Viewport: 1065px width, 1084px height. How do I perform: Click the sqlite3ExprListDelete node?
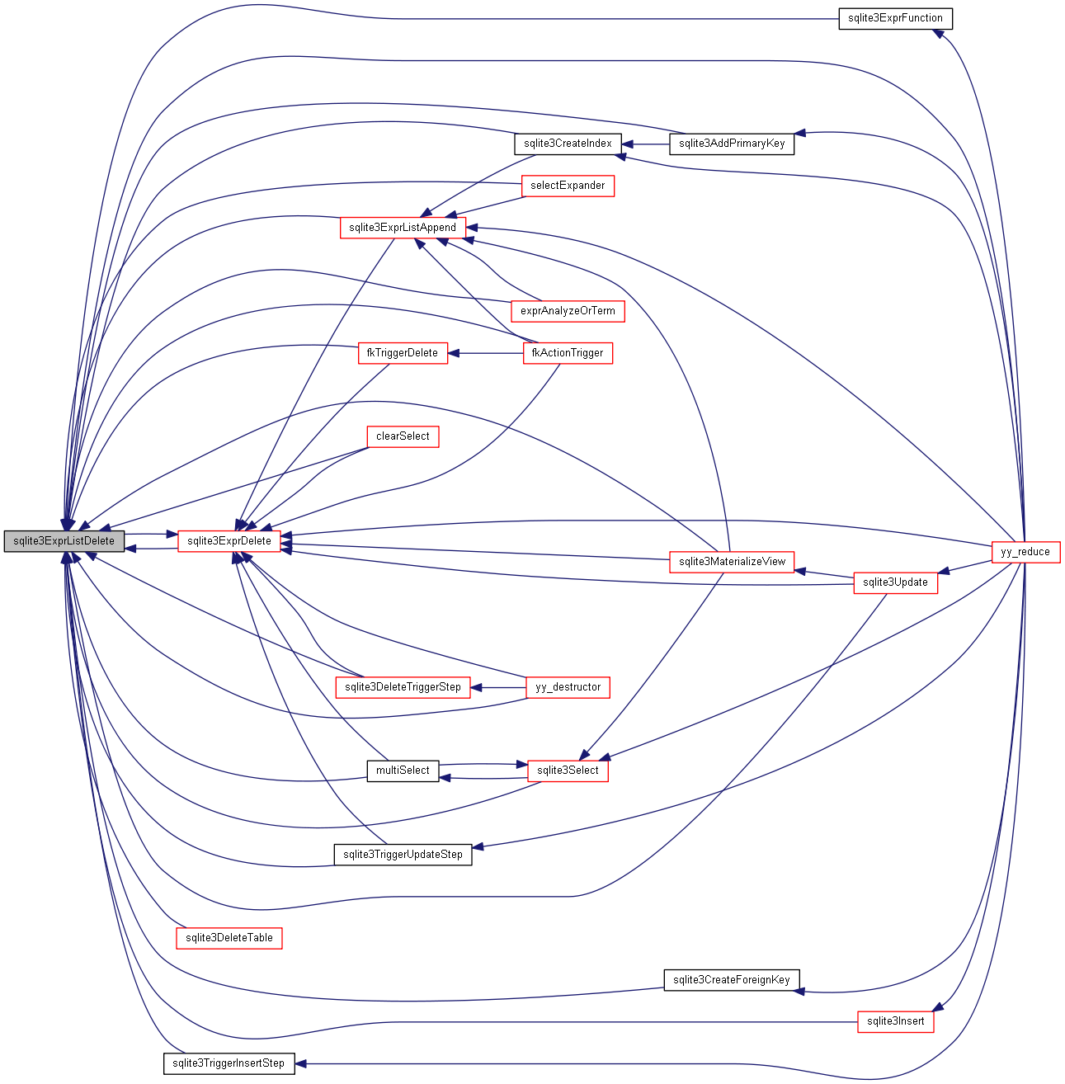pyautogui.click(x=64, y=541)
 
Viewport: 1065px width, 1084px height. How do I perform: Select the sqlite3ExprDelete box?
pyautogui.click(x=229, y=541)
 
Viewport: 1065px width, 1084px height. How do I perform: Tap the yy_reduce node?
pyautogui.click(x=1025, y=552)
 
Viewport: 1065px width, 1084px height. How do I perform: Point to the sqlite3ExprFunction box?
pyautogui.click(x=895, y=18)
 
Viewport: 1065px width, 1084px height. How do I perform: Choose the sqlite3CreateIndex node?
pyautogui.click(x=568, y=144)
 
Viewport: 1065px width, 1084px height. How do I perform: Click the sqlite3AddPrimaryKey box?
pyautogui.click(x=732, y=144)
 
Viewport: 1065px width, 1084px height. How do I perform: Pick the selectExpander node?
pyautogui.click(x=568, y=186)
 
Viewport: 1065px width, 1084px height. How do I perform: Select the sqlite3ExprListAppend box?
pyautogui.click(x=403, y=228)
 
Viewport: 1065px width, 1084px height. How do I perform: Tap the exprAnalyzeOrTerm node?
pyautogui.click(x=568, y=311)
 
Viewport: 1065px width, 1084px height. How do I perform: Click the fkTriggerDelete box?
pyautogui.click(x=403, y=353)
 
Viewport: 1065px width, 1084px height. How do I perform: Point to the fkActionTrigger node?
pyautogui.click(x=568, y=353)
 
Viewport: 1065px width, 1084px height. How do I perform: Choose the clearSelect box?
pyautogui.click(x=403, y=436)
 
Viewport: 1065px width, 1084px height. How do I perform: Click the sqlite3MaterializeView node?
pyautogui.click(x=732, y=562)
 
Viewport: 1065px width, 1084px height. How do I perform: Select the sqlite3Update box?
pyautogui.click(x=895, y=582)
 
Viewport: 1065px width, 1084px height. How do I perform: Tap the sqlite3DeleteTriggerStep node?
pyautogui.click(x=403, y=687)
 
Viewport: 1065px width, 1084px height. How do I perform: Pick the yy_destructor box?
pyautogui.click(x=568, y=687)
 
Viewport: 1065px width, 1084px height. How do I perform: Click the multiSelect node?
pyautogui.click(x=403, y=771)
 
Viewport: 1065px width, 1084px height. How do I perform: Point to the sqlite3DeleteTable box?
pyautogui.click(x=229, y=938)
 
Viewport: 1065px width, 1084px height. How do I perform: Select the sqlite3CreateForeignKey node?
pyautogui.click(x=732, y=980)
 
